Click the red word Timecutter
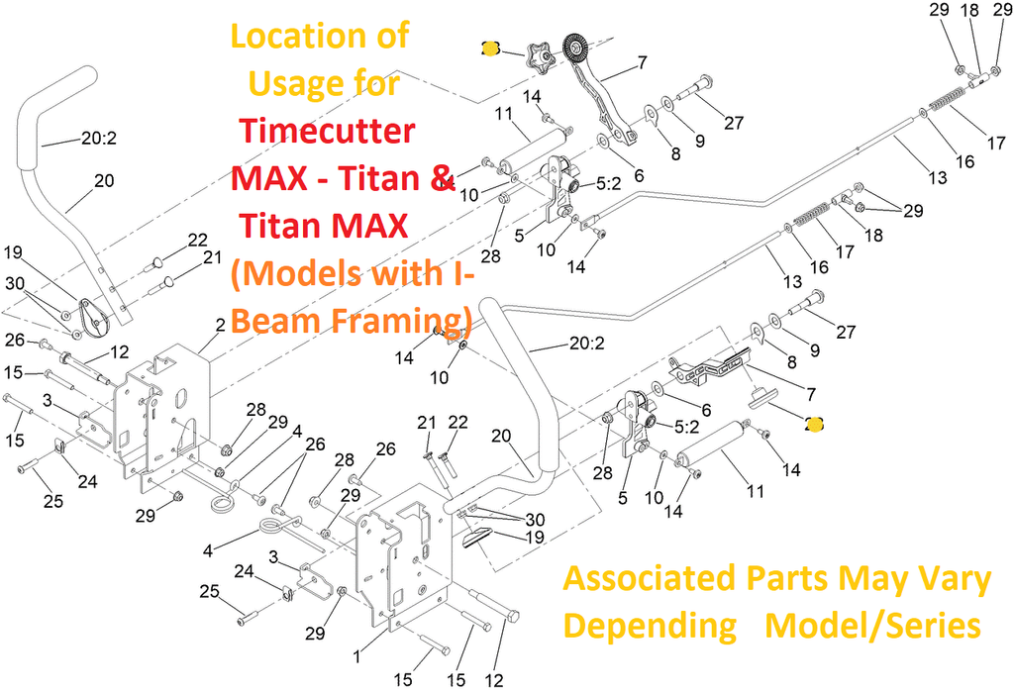tap(327, 132)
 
